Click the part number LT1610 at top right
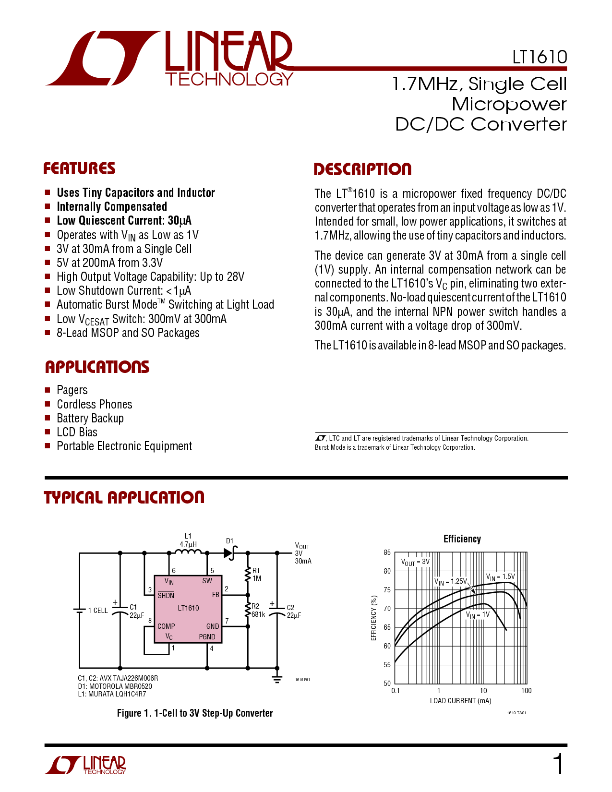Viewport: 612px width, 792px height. click(x=540, y=57)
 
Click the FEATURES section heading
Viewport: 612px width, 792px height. click(x=80, y=168)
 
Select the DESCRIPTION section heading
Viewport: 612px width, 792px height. click(x=363, y=169)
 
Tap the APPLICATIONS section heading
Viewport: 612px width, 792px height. click(x=97, y=367)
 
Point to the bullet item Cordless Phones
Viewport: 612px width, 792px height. click(x=95, y=404)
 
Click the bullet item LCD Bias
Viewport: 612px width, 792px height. click(x=77, y=432)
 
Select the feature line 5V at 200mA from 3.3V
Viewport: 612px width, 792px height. click(x=110, y=263)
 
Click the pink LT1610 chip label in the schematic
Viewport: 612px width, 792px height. click(x=189, y=608)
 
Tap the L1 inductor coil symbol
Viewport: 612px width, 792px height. click(x=188, y=552)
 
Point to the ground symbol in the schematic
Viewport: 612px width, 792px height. click(x=277, y=679)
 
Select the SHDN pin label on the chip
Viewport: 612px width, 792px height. click(x=166, y=595)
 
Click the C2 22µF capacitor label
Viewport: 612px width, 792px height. click(x=294, y=611)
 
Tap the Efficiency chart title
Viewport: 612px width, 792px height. click(x=462, y=539)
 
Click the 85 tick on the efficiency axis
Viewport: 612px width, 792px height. click(x=387, y=552)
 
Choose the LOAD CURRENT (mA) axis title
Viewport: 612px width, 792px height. click(x=461, y=701)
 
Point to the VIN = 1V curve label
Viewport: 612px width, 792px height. click(x=478, y=615)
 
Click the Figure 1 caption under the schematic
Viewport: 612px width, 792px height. click(x=195, y=713)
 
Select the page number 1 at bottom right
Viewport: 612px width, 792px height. click(x=559, y=764)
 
